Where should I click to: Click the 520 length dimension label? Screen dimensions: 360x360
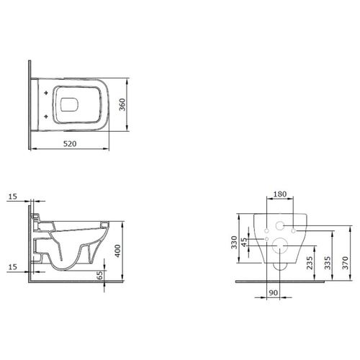(x=70, y=144)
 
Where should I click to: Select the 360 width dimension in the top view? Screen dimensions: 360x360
(x=122, y=104)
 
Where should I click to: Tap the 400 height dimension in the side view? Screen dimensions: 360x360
(x=117, y=251)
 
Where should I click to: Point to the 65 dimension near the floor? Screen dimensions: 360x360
(x=99, y=275)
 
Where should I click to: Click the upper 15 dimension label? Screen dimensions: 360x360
(x=13, y=197)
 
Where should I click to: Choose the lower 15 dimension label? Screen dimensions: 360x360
(x=13, y=266)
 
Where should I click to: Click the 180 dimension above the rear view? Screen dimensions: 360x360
(x=280, y=194)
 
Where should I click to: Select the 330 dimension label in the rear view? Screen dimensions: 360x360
(x=234, y=243)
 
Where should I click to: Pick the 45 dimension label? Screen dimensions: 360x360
(x=244, y=242)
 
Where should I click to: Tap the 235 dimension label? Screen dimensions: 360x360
(x=310, y=263)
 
